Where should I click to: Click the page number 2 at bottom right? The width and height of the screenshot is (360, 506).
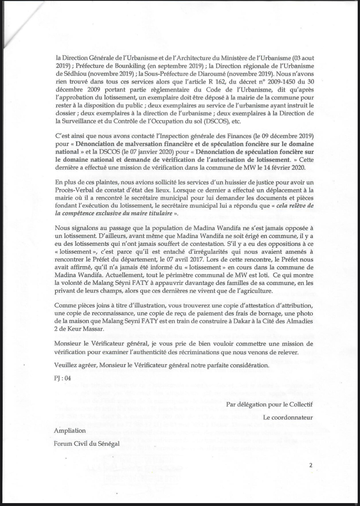(x=311, y=465)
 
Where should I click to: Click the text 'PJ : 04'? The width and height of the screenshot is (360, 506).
(x=62, y=378)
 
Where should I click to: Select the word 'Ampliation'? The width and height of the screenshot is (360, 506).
(x=70, y=430)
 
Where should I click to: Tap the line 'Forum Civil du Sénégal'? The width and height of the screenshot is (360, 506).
(x=87, y=444)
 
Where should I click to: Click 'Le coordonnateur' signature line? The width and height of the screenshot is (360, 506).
(x=288, y=417)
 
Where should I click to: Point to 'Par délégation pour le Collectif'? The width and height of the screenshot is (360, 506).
(x=270, y=404)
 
